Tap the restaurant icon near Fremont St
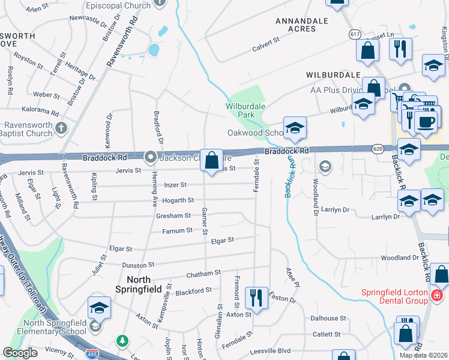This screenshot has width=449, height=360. tap(256, 296)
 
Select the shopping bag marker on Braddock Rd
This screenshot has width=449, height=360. tap(211, 161)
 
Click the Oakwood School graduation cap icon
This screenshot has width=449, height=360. tap(294, 128)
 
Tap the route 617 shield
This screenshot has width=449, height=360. tap(355, 35)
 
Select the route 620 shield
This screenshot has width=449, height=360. tap(377, 148)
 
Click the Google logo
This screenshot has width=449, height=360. tap(20, 353)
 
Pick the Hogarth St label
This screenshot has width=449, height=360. tap(179, 200)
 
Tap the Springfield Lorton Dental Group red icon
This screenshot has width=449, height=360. tap(437, 295)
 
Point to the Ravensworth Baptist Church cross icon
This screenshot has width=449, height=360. tap(61, 128)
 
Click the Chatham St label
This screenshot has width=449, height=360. tap(204, 274)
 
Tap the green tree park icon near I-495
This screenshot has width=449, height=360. tap(123, 341)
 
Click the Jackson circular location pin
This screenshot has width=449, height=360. tap(150, 158)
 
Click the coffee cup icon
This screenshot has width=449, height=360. tap(426, 121)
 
